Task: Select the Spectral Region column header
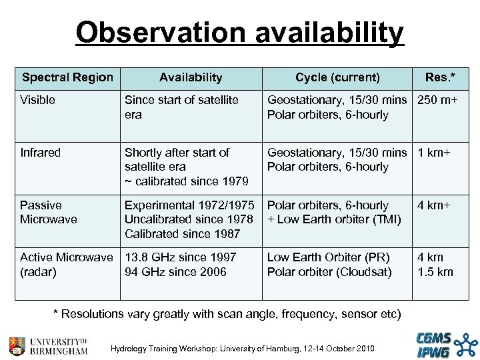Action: (x=67, y=77)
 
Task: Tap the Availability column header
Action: (x=191, y=77)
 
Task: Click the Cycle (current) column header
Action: (x=337, y=77)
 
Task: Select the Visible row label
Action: (x=38, y=101)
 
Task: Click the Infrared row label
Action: (x=40, y=153)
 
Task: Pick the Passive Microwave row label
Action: (x=50, y=212)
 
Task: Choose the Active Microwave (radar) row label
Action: (x=67, y=265)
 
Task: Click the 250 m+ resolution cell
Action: (x=442, y=101)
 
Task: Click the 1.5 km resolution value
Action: (x=435, y=271)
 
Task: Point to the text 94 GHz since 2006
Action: (x=176, y=271)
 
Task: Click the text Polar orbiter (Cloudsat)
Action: (x=330, y=271)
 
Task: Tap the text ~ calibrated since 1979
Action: (x=187, y=181)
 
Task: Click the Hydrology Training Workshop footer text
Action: (x=243, y=349)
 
